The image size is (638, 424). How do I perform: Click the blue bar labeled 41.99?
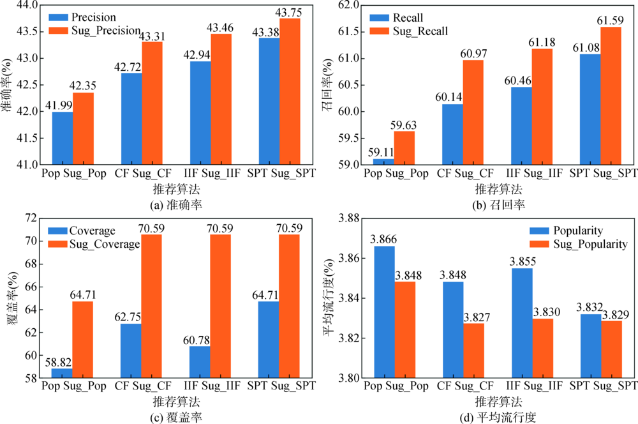[x=63, y=138]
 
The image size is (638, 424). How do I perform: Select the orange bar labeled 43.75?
[x=290, y=91]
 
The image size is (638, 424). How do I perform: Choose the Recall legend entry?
[x=408, y=18]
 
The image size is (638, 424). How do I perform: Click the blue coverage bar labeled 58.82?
[x=63, y=373]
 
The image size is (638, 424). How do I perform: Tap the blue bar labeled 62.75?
[x=131, y=351]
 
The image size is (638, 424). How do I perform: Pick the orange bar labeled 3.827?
[x=473, y=351]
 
